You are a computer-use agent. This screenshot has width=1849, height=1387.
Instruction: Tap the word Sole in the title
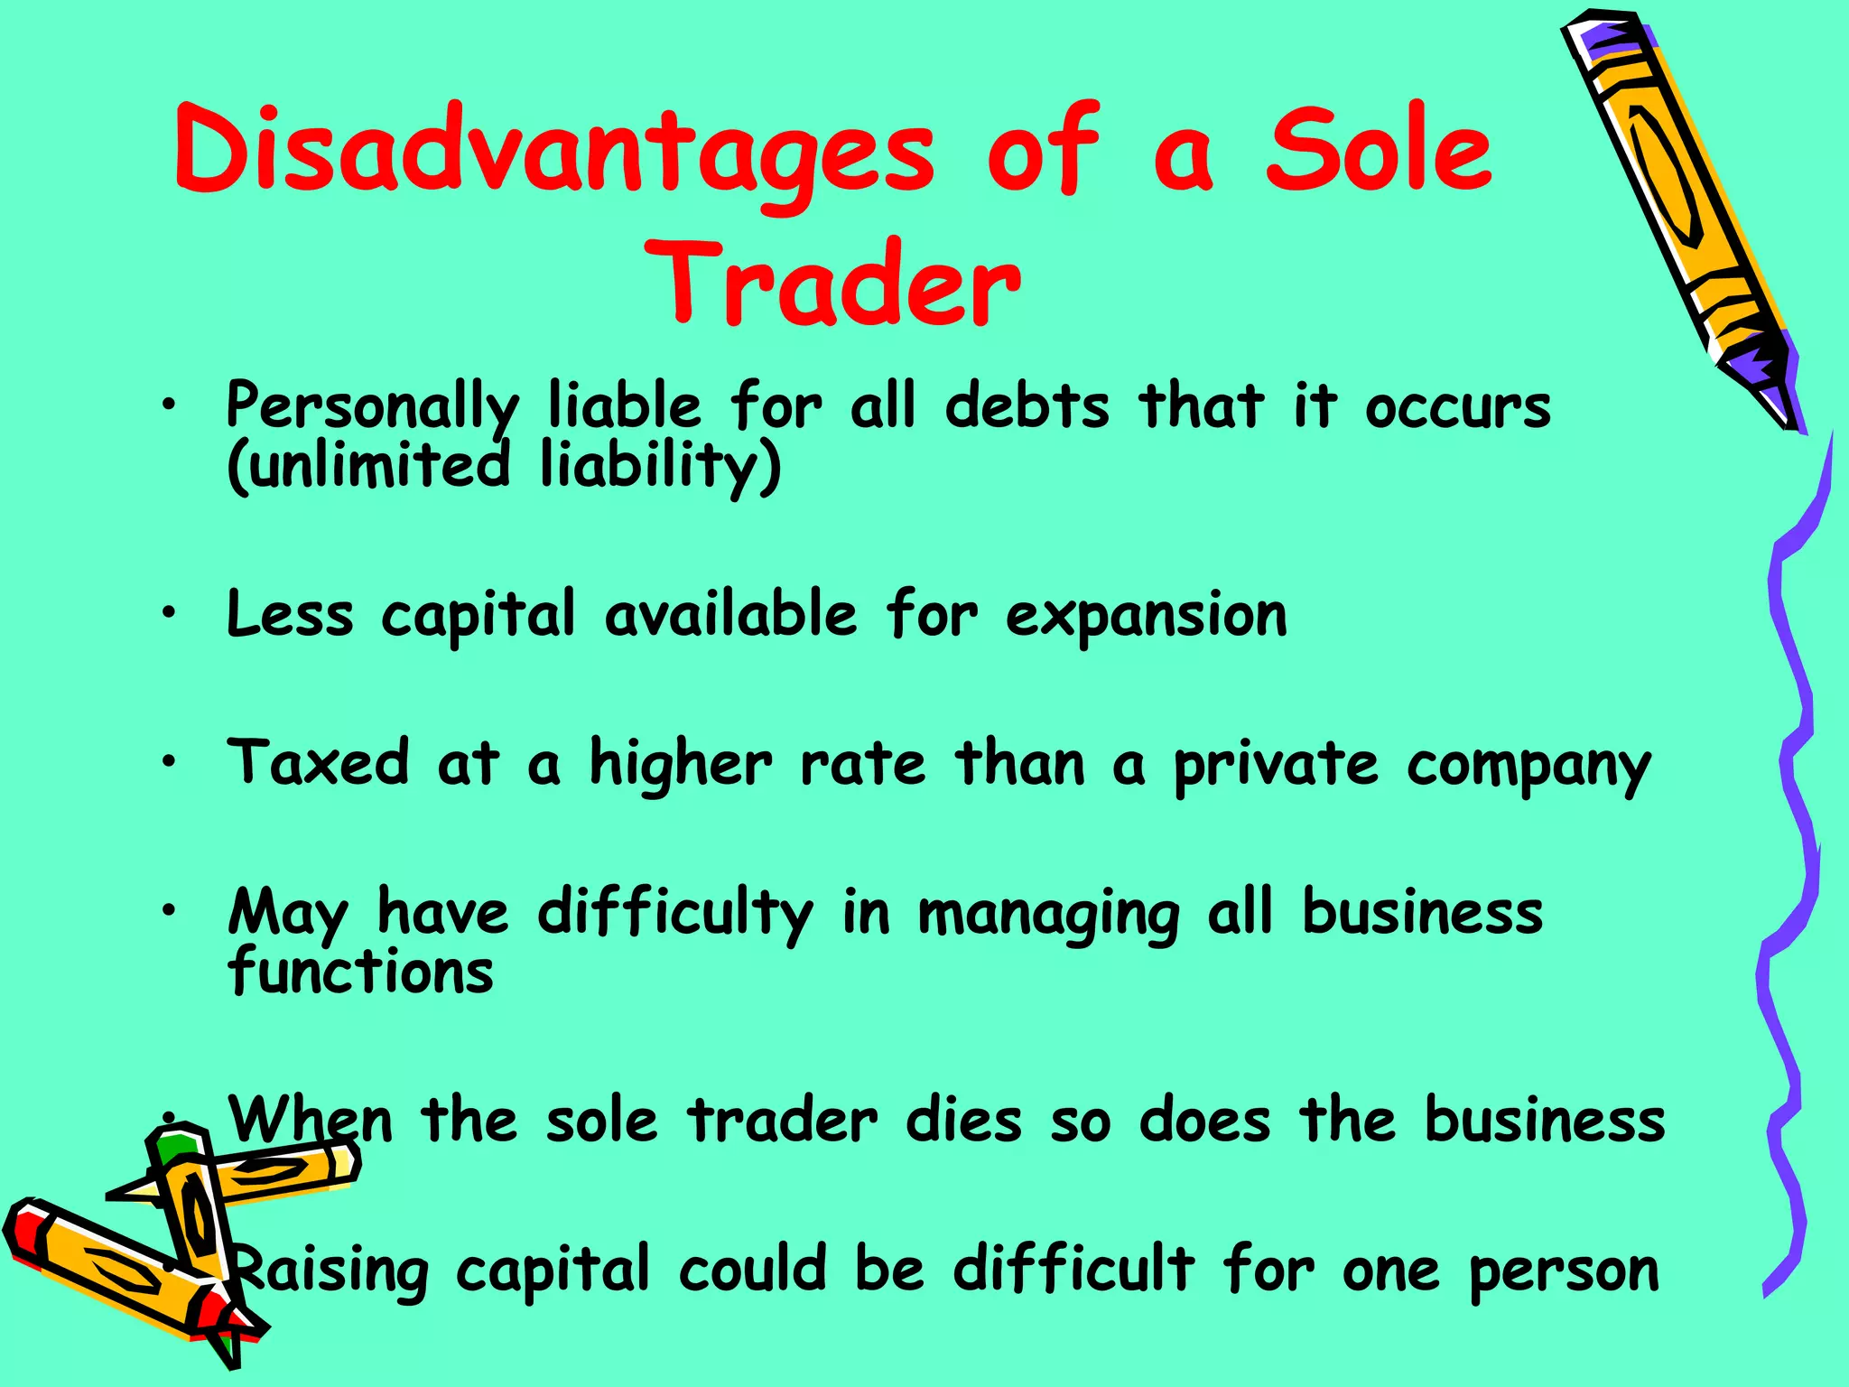point(1379,149)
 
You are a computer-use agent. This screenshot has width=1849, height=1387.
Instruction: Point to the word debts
point(1027,405)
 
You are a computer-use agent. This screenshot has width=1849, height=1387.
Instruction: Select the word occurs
point(1457,407)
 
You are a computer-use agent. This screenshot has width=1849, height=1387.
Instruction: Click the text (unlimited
point(368,464)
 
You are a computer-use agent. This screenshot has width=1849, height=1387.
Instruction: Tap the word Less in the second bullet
point(290,615)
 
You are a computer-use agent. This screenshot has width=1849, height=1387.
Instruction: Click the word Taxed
point(319,762)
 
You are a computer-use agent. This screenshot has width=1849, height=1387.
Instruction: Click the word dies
point(963,1121)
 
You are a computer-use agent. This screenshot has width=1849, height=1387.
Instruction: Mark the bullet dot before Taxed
point(169,763)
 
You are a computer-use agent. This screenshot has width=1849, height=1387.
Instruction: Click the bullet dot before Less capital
point(169,614)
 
